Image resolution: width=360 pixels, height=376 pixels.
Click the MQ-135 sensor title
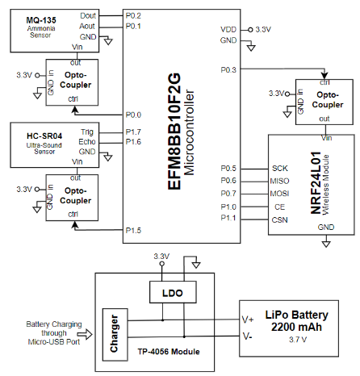pyautogui.click(x=41, y=20)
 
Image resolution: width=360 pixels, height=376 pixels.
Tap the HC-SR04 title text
pyautogui.click(x=44, y=136)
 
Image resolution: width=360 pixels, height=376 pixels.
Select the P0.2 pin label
pyautogui.click(x=133, y=16)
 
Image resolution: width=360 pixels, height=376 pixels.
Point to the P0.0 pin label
pyautogui.click(x=133, y=115)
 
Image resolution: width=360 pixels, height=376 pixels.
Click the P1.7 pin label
pyautogui.click(x=133, y=132)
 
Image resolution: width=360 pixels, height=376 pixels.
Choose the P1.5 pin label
pyautogui.click(x=133, y=231)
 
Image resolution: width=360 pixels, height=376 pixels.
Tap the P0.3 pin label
pyautogui.click(x=228, y=70)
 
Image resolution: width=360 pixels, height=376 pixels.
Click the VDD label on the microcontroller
pyautogui.click(x=228, y=29)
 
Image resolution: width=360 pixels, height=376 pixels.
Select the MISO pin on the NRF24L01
pyautogui.click(x=279, y=181)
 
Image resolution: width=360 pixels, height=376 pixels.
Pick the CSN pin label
pyautogui.click(x=279, y=220)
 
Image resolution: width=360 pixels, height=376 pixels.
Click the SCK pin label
pyautogui.click(x=280, y=169)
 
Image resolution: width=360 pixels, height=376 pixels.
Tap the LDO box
pyautogui.click(x=173, y=292)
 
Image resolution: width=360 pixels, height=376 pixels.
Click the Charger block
pyautogui.click(x=115, y=335)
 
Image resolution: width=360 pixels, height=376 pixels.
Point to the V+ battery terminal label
pyautogui.click(x=248, y=320)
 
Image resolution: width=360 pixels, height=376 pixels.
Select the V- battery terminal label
pyautogui.click(x=247, y=336)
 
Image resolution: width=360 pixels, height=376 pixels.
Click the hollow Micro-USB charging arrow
pyautogui.click(x=85, y=334)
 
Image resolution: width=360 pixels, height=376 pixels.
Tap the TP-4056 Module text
pyautogui.click(x=169, y=352)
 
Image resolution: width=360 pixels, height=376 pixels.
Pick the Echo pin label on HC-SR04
pyautogui.click(x=87, y=142)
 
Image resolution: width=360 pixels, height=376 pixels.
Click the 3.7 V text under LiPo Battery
pyautogui.click(x=298, y=340)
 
